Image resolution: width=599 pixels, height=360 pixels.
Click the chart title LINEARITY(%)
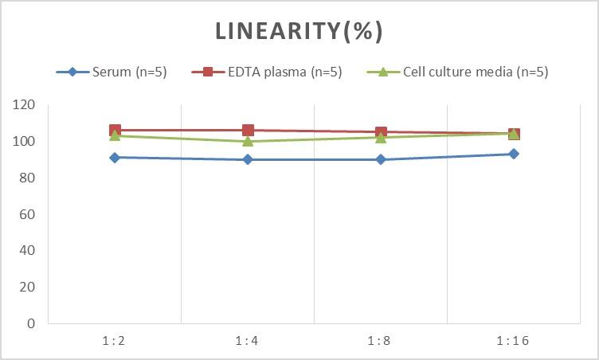tap(299, 31)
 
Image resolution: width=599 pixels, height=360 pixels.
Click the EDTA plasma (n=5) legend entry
tap(267, 72)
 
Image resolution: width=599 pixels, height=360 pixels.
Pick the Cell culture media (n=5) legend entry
tap(458, 72)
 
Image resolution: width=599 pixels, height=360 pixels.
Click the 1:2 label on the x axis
tap(115, 341)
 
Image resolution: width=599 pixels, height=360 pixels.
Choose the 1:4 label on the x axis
tap(248, 341)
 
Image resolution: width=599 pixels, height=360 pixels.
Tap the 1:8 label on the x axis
tap(381, 341)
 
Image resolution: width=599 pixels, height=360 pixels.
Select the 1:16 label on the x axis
tap(514, 341)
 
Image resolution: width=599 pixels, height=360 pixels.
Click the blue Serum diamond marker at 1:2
tap(115, 158)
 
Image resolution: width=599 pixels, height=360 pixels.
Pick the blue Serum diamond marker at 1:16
tap(514, 154)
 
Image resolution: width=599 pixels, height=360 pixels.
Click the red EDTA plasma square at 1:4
tap(248, 131)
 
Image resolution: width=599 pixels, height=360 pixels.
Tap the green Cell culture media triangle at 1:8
tap(381, 137)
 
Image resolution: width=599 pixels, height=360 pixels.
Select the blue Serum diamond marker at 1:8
tap(381, 159)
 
